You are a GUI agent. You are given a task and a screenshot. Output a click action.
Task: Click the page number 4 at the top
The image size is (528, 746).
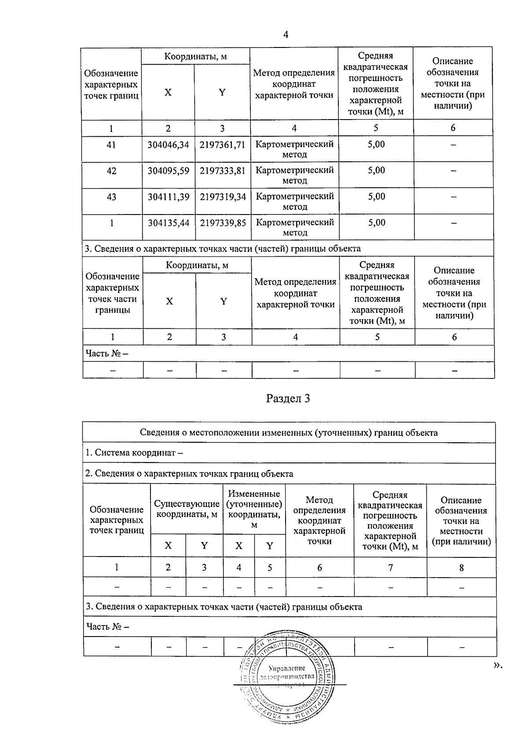[286, 35]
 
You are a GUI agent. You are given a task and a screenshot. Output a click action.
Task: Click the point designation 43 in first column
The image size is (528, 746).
[111, 197]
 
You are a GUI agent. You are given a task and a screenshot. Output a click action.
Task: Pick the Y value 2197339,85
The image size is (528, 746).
[223, 223]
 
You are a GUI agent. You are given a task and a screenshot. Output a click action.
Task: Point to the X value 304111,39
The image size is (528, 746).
[169, 197]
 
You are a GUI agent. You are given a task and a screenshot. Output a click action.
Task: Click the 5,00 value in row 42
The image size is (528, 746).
[376, 171]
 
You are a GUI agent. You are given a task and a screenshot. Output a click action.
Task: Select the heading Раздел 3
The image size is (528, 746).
[288, 399]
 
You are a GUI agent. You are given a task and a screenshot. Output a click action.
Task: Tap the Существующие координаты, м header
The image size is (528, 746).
[187, 509]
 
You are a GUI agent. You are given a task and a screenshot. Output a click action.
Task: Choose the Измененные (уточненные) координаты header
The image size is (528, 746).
[254, 509]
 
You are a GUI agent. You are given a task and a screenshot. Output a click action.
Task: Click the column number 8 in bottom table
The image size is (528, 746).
[461, 568]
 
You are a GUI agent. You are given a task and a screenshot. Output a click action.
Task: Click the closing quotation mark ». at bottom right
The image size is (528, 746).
[497, 666]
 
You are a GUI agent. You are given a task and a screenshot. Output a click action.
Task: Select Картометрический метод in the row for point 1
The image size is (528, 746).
[294, 227]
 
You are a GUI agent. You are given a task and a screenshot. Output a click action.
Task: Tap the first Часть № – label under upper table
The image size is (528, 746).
[107, 353]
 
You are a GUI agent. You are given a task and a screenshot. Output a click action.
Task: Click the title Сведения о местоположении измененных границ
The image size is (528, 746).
[289, 433]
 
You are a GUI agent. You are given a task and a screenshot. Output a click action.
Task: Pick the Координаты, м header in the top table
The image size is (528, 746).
[195, 56]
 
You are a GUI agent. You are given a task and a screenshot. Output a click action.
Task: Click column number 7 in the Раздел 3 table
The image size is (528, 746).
[390, 568]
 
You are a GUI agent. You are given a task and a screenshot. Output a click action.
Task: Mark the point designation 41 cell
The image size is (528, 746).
[111, 145]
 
